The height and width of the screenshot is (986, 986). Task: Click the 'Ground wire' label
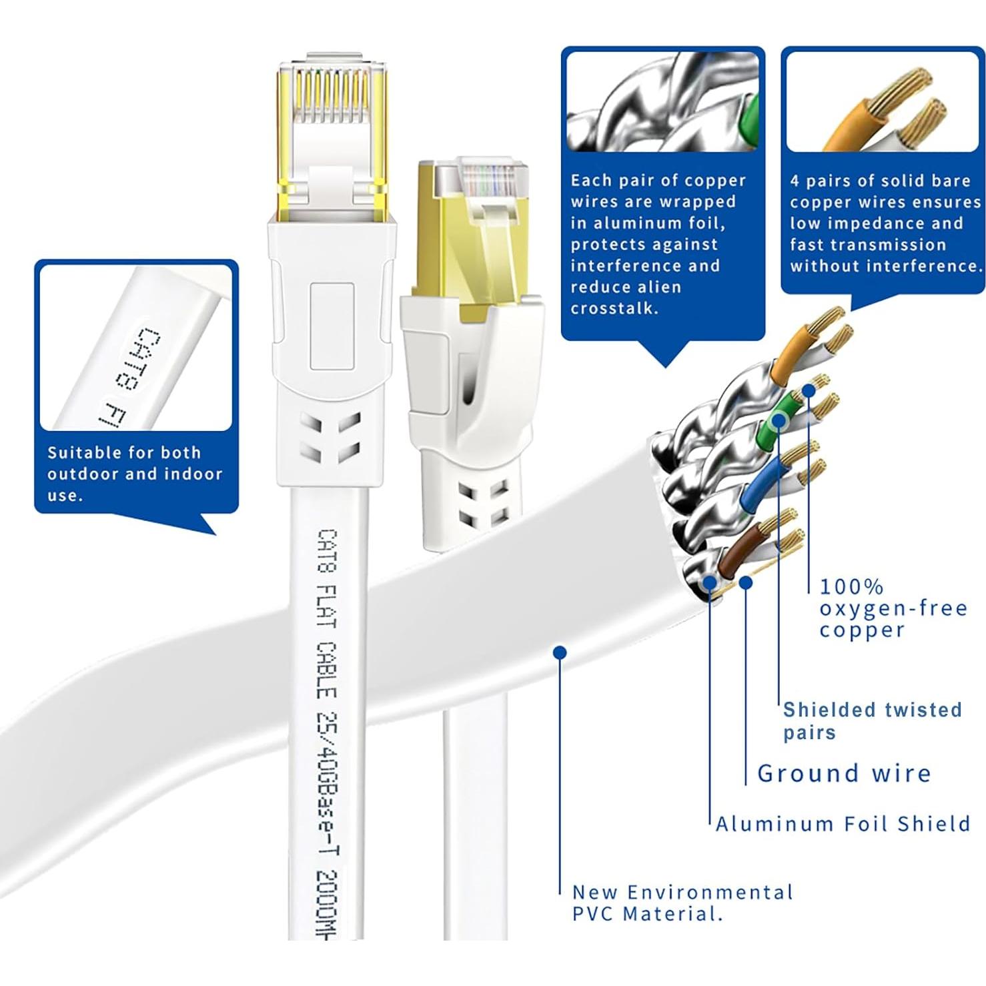coord(844,773)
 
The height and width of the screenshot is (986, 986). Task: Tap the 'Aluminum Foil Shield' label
coord(843,824)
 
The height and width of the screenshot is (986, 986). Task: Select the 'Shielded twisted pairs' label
coord(872,720)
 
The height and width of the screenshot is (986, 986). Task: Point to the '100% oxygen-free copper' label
coord(893,608)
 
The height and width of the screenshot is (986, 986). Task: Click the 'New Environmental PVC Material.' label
coord(682,903)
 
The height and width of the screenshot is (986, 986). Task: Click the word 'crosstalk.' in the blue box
coord(614,308)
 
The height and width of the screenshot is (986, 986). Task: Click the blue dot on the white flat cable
coord(560,652)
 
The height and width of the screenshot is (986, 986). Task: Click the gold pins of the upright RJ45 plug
coord(332,97)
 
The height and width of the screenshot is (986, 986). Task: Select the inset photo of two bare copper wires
coord(882,101)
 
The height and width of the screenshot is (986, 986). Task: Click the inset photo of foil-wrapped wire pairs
coord(662,101)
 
